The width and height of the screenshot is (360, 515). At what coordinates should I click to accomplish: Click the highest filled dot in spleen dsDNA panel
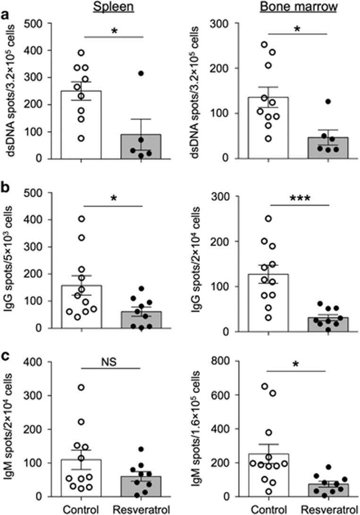[x=141, y=73]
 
